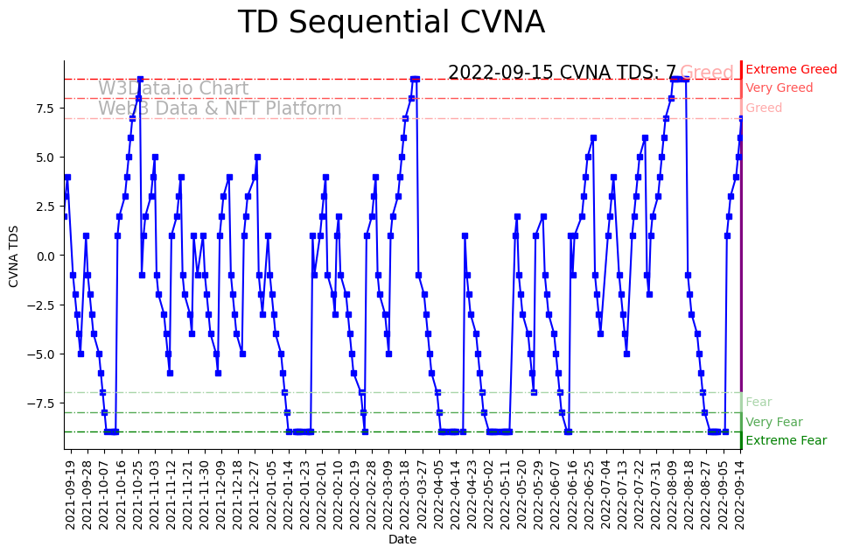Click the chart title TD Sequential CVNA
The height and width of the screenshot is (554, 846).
(x=391, y=23)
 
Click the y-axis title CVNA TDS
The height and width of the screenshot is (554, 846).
(x=14, y=256)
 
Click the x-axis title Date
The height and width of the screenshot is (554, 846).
(x=402, y=540)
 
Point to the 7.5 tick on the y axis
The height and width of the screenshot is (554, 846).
(x=45, y=108)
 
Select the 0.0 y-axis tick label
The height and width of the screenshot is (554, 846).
(x=45, y=256)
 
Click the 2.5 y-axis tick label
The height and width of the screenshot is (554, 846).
(x=45, y=207)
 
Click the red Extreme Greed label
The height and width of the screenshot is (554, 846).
(x=791, y=69)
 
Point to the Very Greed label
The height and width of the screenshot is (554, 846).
(x=779, y=88)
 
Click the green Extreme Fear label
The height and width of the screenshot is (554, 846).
(x=786, y=440)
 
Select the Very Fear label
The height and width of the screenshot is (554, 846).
(x=773, y=422)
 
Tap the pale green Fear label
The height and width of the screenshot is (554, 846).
(x=759, y=402)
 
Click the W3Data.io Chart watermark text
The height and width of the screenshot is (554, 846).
(x=173, y=88)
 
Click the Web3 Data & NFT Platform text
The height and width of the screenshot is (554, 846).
(x=220, y=109)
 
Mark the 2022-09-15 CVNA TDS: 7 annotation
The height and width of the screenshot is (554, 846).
(x=562, y=73)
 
